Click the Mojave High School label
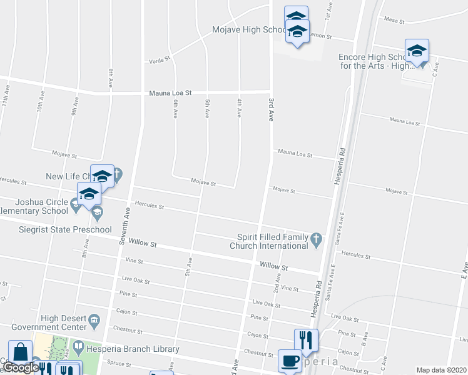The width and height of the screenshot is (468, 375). [249, 30]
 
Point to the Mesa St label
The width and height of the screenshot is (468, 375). [395, 21]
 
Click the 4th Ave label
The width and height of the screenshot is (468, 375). [239, 107]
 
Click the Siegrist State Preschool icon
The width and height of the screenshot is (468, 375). [97, 215]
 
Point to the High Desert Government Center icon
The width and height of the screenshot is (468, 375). [94, 322]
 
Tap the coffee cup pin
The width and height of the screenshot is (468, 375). [290, 361]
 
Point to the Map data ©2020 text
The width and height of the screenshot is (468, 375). [440, 370]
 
